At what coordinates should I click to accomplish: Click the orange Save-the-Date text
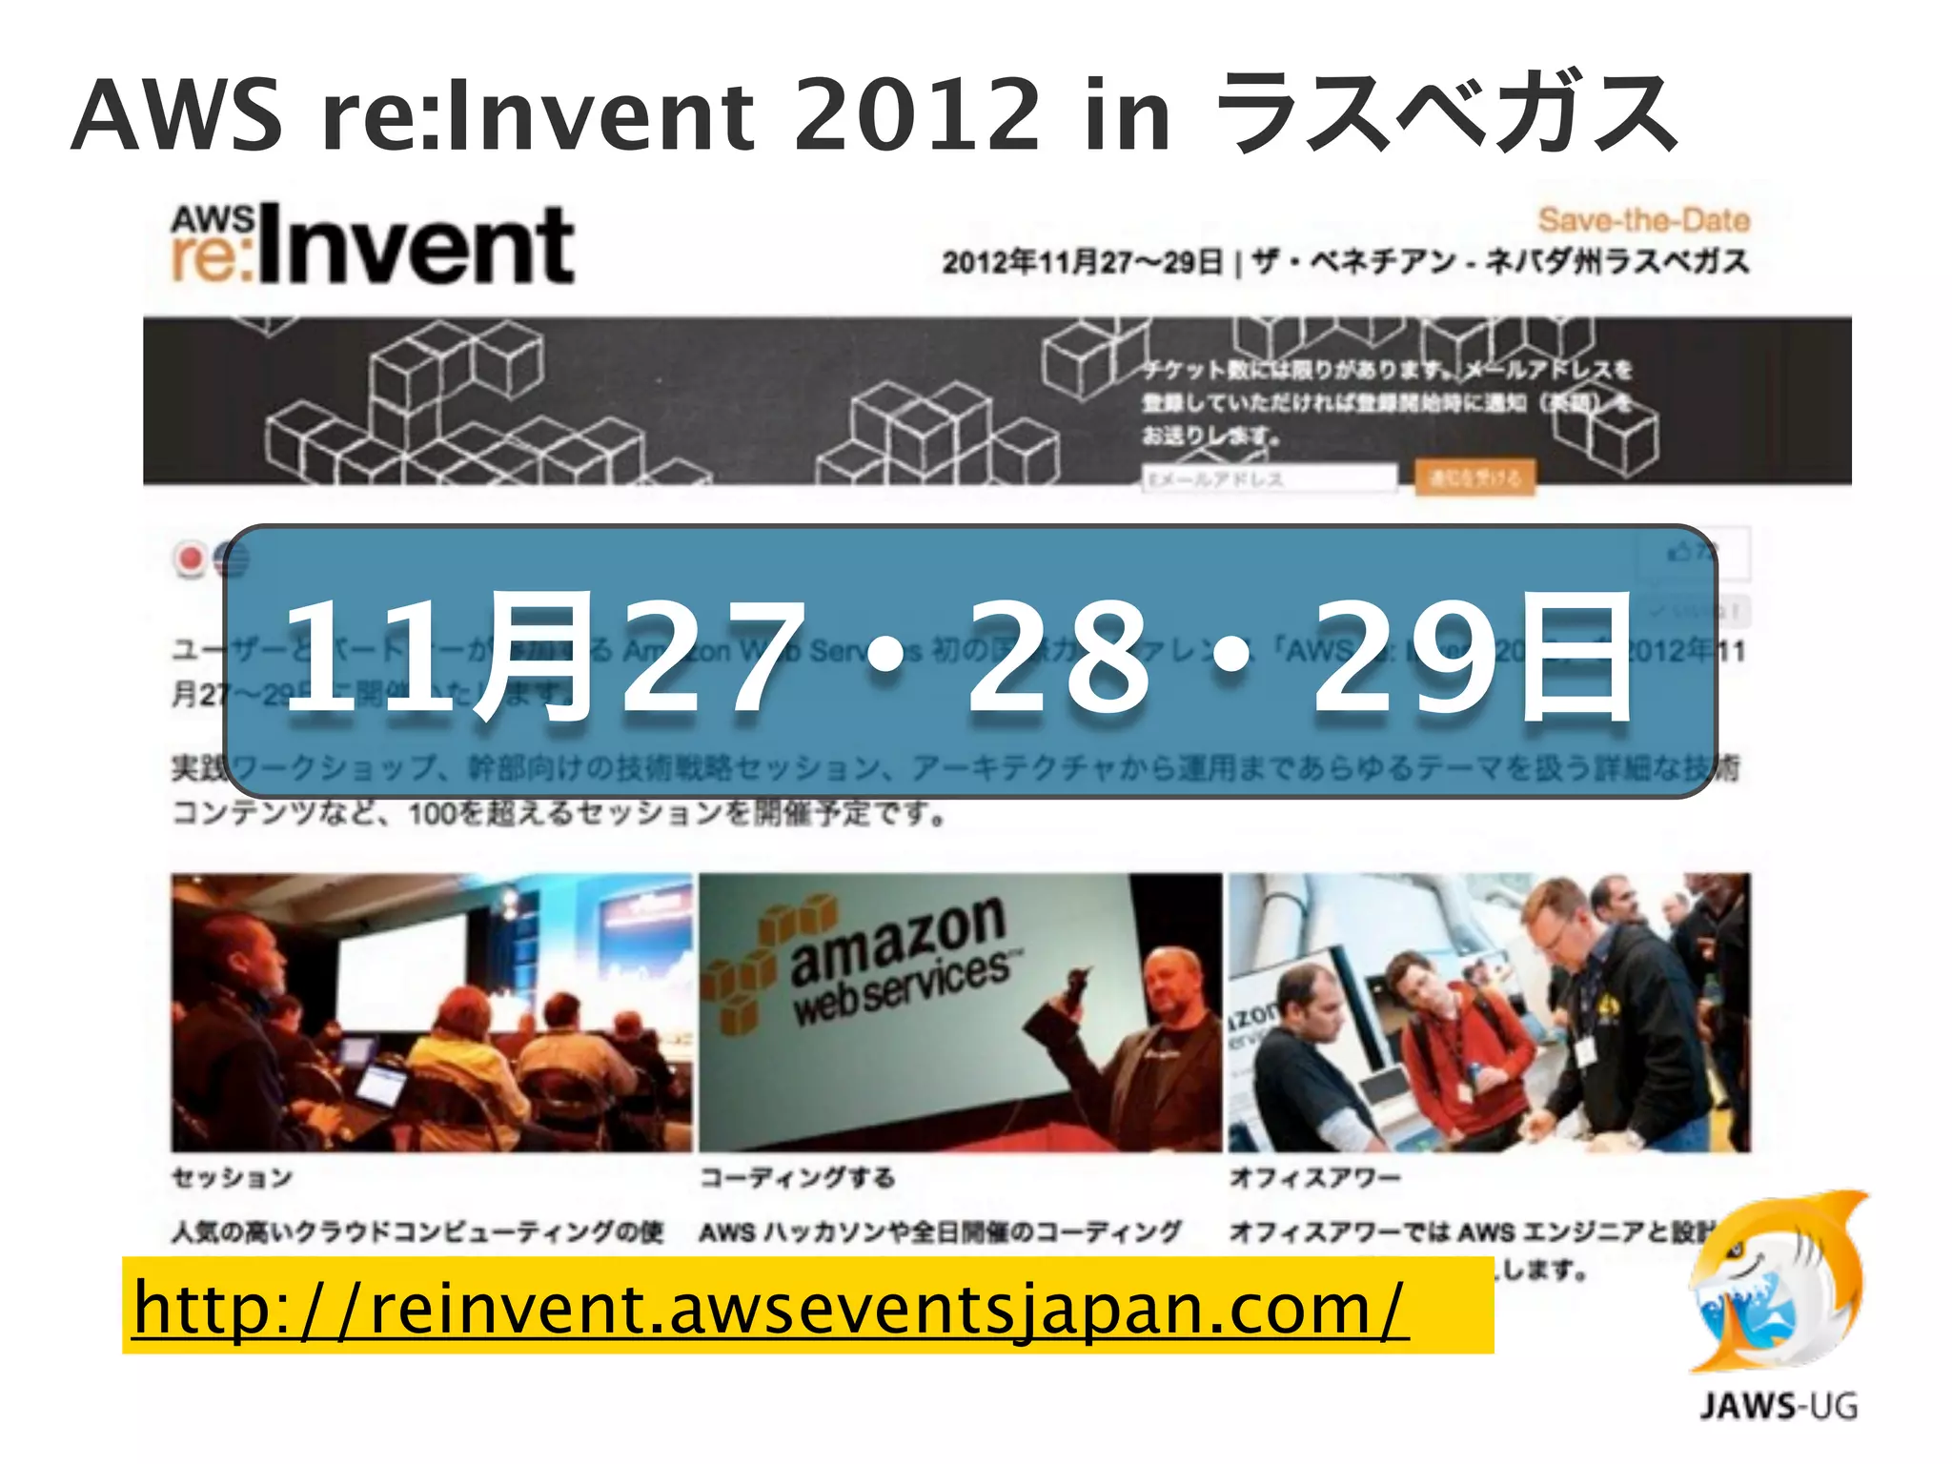[1643, 220]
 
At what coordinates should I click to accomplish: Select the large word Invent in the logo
[416, 246]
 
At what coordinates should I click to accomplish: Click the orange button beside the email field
[1474, 478]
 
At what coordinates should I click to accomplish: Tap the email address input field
[1269, 478]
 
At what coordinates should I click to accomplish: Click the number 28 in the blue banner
[1058, 658]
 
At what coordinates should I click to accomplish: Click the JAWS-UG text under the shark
[1779, 1406]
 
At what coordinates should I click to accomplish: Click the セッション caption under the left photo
[232, 1178]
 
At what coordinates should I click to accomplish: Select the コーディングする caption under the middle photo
[797, 1178]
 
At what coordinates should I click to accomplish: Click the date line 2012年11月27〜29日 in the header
[1082, 262]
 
